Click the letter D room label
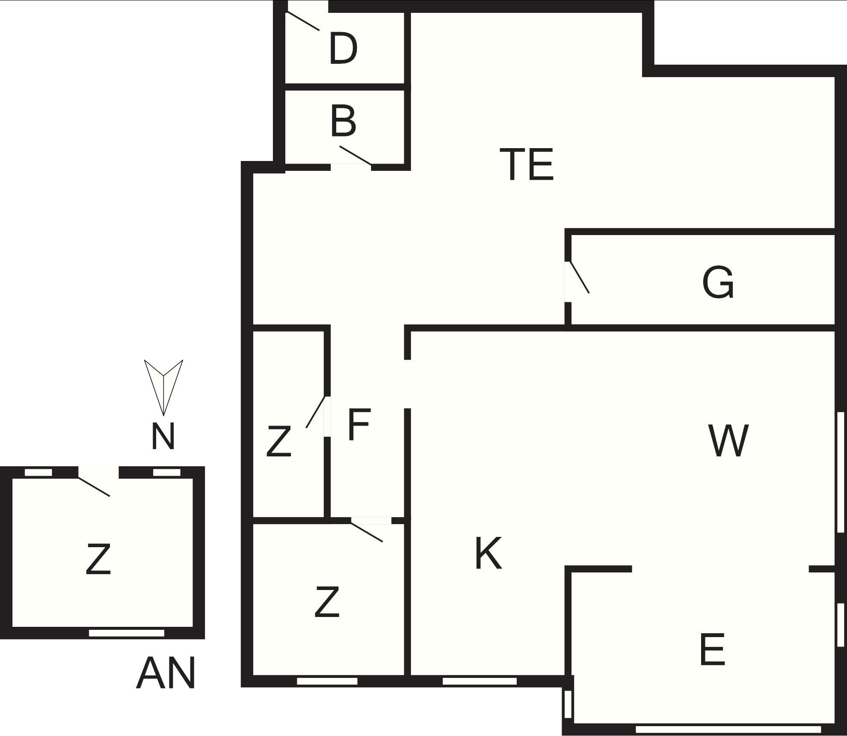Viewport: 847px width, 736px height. point(343,49)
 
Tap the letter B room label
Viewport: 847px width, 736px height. point(343,122)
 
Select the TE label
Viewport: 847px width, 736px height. point(527,164)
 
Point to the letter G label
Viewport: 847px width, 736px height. point(718,282)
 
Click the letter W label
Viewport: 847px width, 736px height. point(728,441)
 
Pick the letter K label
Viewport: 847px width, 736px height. point(489,553)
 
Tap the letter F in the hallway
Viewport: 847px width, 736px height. point(358,425)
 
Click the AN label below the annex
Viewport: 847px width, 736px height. point(166,674)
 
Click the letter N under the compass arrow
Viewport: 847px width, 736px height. point(163,437)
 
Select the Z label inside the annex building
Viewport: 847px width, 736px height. point(98,559)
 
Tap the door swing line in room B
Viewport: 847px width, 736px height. point(355,155)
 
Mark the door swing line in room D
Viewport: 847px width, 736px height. point(303,21)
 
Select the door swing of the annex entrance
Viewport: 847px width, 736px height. point(94,487)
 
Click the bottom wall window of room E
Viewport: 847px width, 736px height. point(728,729)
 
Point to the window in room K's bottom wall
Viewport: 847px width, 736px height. point(480,681)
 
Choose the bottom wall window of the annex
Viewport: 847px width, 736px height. point(127,633)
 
